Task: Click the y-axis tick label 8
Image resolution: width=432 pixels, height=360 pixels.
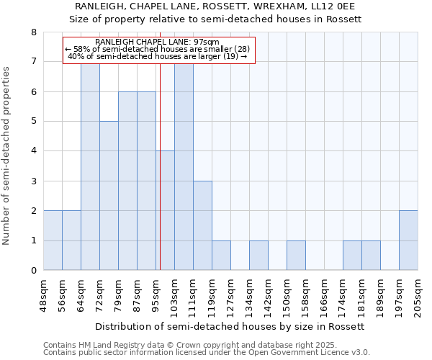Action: (x=33, y=32)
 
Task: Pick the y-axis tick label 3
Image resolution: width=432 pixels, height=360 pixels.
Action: (x=33, y=181)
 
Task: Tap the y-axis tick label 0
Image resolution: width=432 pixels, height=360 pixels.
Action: (x=33, y=271)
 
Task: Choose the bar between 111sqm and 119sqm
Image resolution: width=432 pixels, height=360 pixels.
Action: (x=202, y=225)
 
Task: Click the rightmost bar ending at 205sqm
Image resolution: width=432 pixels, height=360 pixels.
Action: (x=408, y=240)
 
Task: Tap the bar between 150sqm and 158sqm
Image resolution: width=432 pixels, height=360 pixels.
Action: (x=296, y=256)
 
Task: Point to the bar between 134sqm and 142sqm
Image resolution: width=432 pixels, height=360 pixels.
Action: (x=258, y=256)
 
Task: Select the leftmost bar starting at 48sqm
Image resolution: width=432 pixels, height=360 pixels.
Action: (x=53, y=240)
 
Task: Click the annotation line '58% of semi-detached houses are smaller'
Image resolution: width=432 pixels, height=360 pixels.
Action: (x=159, y=49)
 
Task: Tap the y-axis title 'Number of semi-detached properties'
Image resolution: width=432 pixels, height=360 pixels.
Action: (x=7, y=156)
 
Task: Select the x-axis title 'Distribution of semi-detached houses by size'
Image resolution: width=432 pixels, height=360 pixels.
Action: (x=230, y=326)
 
